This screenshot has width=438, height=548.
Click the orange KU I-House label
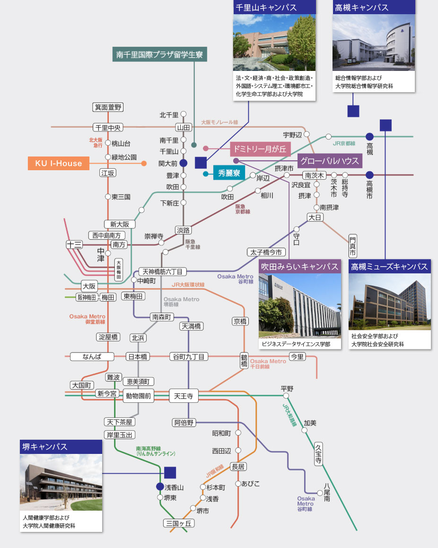point(58,164)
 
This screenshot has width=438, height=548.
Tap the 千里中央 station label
point(108,127)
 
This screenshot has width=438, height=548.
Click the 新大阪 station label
point(120,224)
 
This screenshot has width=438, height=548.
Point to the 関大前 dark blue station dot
point(184,163)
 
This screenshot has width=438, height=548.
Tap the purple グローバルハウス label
point(330,161)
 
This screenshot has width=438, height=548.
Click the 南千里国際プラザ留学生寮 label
point(159,55)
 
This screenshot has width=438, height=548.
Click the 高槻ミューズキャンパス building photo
point(390,302)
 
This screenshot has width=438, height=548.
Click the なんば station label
point(92,357)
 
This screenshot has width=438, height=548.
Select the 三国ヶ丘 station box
point(179,523)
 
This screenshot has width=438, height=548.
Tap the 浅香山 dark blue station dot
point(160,487)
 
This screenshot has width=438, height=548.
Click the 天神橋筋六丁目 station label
point(163,271)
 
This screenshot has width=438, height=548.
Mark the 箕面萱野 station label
point(108,107)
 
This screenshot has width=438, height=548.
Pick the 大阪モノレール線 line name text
point(219,122)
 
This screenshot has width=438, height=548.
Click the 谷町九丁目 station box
point(189,357)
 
